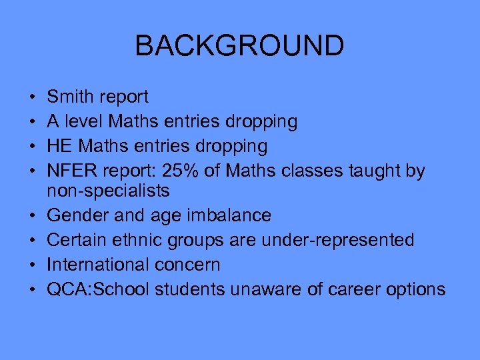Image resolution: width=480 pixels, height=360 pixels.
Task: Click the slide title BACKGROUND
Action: (x=239, y=46)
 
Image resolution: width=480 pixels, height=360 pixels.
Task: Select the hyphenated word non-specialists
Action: (x=109, y=191)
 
